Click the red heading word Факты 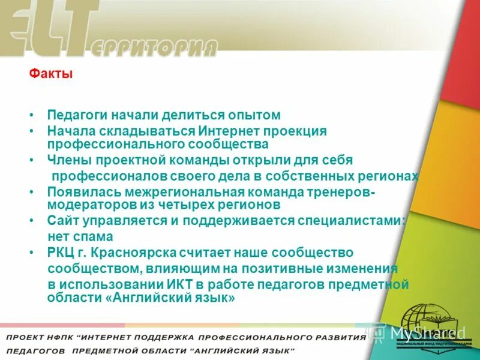coord(51,75)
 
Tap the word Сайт coord(62,221)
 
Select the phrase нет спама coord(80,237)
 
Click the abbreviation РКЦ coord(62,253)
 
